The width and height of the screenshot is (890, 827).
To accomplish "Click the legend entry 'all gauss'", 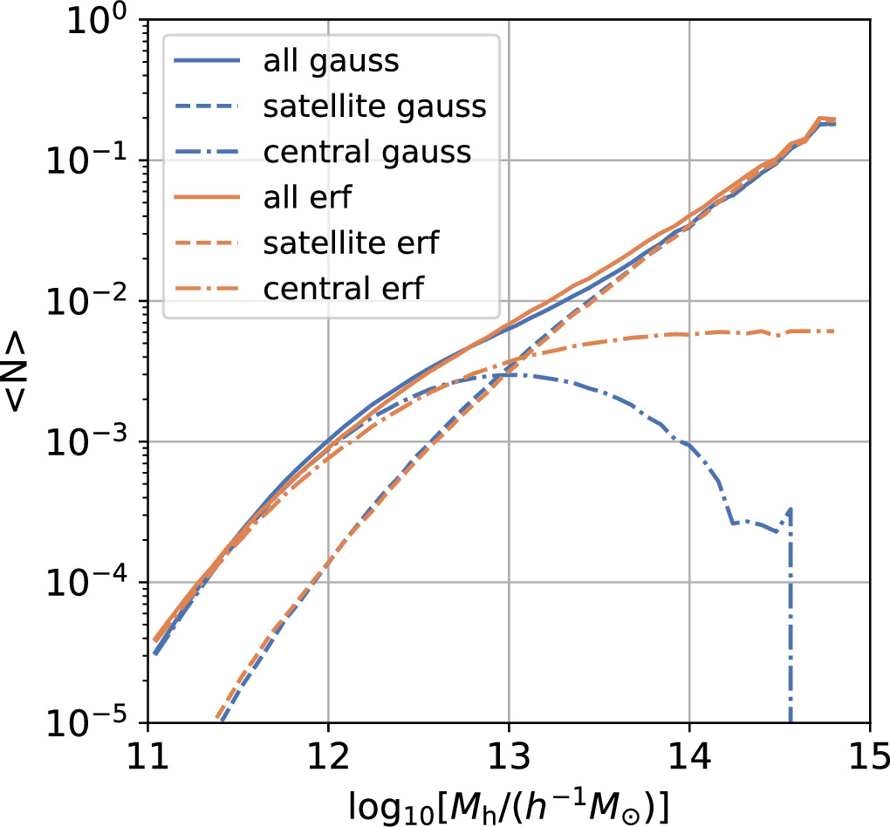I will click(x=331, y=61).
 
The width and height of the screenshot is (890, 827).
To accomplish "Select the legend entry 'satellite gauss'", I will click(x=374, y=106).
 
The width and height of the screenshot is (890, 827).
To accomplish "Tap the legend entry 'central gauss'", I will click(x=366, y=152).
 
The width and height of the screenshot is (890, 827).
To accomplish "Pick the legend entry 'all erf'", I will click(x=306, y=197).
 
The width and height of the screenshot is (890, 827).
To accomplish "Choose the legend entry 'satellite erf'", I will click(x=350, y=243).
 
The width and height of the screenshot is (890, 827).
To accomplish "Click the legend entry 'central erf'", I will click(x=342, y=288).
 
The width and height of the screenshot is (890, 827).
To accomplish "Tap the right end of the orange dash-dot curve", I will click(x=834, y=331).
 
